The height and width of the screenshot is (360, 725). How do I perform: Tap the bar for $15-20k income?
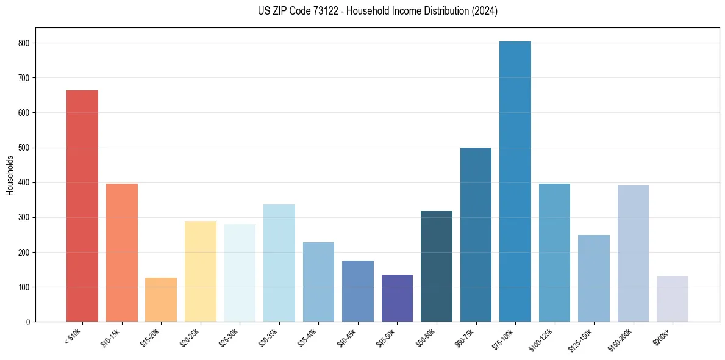tap(161, 300)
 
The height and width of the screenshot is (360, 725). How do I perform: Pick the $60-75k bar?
tap(476, 235)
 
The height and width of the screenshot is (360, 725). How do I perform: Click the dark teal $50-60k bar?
tap(437, 266)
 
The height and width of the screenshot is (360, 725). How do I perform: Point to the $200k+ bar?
tap(673, 298)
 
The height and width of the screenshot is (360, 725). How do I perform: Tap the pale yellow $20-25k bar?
tap(201, 272)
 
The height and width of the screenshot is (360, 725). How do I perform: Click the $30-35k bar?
tap(279, 263)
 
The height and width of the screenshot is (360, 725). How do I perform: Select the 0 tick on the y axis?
tap(28, 322)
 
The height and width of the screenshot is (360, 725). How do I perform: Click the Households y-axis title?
tap(10, 175)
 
